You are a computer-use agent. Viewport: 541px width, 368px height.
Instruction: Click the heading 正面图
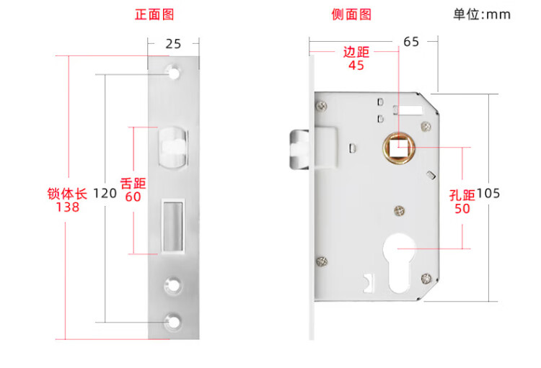tap(154, 14)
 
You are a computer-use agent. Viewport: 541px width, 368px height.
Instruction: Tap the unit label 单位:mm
tap(481, 14)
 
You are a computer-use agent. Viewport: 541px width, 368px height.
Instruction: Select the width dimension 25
tap(173, 43)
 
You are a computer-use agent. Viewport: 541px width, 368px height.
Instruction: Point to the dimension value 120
tap(105, 193)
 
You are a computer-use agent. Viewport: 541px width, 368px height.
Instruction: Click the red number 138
tap(67, 207)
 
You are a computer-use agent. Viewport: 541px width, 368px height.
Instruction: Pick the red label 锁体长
tap(67, 194)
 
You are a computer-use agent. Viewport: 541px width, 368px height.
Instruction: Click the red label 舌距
tap(133, 183)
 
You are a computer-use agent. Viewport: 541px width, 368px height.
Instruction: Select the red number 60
tap(133, 196)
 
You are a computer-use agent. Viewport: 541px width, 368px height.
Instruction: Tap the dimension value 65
tap(411, 42)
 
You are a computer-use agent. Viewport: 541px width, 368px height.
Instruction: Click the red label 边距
tap(356, 52)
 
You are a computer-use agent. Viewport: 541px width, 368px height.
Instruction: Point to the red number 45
tap(356, 66)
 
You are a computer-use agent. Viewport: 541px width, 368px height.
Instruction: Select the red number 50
tap(462, 208)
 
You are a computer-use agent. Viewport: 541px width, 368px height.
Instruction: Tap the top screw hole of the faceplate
tap(173, 71)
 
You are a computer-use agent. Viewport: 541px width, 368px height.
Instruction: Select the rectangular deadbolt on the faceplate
tap(172, 226)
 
